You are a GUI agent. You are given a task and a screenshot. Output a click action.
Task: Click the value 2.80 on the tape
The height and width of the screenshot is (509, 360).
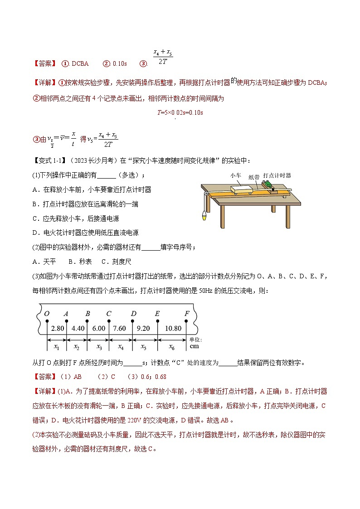[57, 329]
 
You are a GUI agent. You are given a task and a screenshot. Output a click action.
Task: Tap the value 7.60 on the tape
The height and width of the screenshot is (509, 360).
[121, 329]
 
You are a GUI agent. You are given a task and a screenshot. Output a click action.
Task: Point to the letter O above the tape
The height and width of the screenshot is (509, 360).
[46, 314]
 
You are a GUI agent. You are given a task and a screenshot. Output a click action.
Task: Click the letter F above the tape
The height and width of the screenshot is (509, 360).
[187, 314]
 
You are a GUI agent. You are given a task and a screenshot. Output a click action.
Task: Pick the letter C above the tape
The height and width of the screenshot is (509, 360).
[109, 314]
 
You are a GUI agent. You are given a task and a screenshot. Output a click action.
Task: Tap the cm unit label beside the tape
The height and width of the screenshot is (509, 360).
[194, 346]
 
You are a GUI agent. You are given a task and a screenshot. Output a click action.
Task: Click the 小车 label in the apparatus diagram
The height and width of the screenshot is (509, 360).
[235, 175]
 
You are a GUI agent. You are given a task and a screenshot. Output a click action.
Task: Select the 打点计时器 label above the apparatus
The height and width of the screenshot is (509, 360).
[277, 175]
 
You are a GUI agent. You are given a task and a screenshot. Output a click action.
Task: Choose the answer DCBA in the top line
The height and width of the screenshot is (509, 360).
[80, 63]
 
